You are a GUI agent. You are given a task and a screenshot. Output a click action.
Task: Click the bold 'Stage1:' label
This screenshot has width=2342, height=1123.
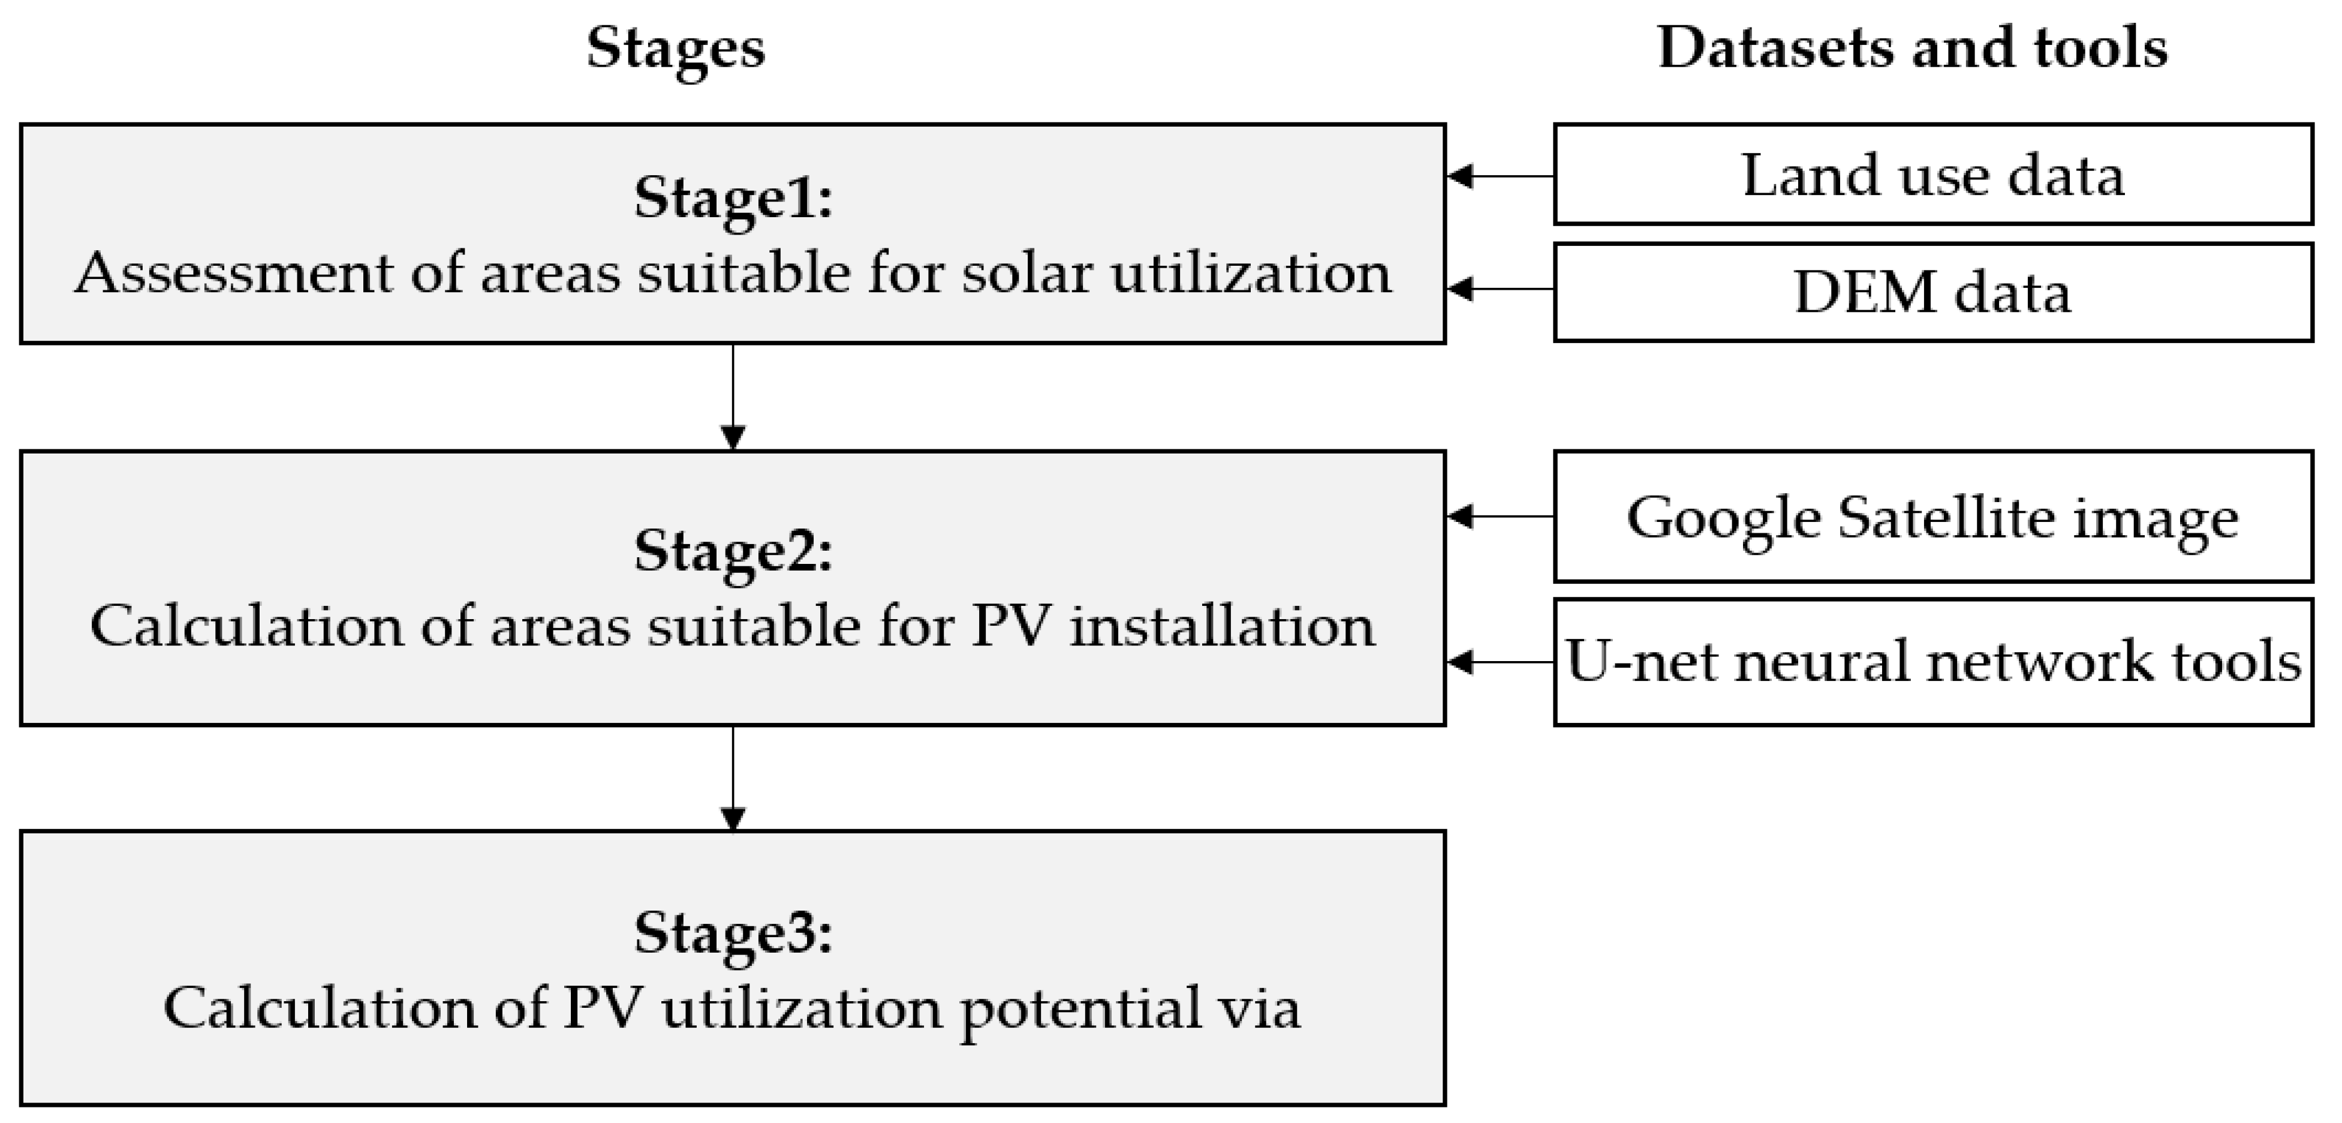tap(733, 197)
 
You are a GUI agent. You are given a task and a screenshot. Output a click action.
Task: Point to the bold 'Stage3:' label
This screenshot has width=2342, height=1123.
tap(733, 932)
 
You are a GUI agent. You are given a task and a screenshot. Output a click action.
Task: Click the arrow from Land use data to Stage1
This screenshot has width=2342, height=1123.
tap(1500, 176)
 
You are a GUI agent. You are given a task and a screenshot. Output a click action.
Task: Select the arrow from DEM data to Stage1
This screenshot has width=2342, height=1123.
tap(1500, 289)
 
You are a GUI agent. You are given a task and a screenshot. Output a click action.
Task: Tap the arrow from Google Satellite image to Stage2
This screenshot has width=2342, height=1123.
tap(1500, 517)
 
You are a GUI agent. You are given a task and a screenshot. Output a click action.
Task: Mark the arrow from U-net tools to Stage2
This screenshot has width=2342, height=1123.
tap(1500, 662)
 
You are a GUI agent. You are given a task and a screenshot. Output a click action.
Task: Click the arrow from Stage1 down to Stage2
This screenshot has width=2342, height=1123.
tap(733, 397)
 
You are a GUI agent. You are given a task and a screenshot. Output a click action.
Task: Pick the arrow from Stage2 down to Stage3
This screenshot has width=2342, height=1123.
tap(733, 779)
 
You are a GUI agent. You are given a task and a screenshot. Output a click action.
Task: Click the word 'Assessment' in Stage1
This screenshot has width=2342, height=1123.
tap(234, 273)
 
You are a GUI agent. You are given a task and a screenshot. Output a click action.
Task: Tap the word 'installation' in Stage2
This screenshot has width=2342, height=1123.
tap(1221, 626)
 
